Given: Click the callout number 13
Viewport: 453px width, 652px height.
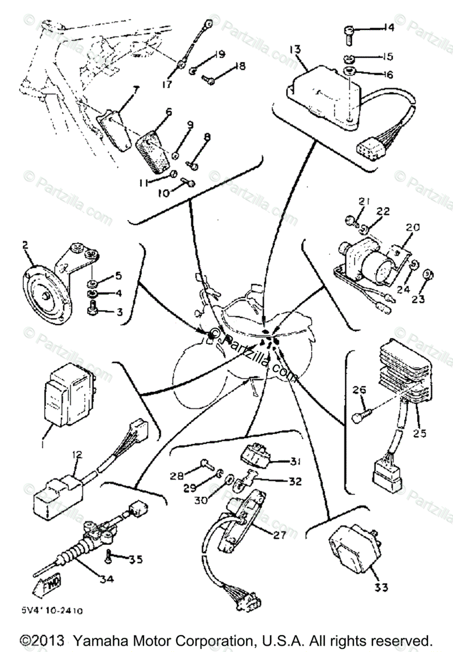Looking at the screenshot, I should tap(295, 51).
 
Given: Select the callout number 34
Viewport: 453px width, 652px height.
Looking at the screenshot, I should tap(106, 579).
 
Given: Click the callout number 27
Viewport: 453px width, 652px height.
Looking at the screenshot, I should tap(279, 535).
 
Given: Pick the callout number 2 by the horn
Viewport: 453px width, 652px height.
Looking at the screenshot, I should tap(25, 245).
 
